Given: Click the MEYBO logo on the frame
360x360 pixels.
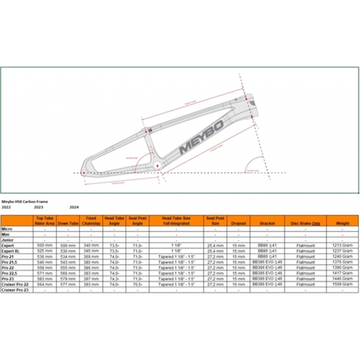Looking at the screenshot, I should click(200, 132).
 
